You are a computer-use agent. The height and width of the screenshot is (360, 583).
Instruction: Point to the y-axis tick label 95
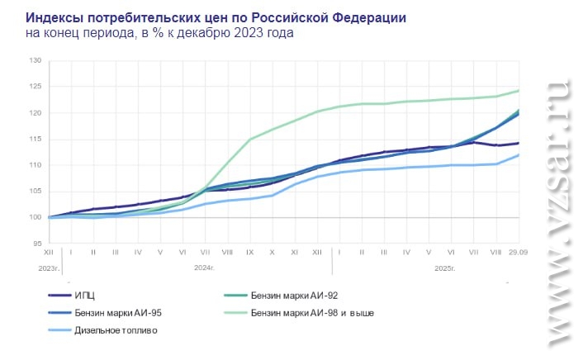point(36,244)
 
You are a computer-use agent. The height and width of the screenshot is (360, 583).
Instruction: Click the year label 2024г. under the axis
point(203,268)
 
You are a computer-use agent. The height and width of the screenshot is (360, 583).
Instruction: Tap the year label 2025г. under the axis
point(445,268)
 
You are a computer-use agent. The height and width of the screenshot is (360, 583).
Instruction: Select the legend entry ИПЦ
point(86,295)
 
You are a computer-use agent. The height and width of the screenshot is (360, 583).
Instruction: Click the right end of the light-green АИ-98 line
point(519,90)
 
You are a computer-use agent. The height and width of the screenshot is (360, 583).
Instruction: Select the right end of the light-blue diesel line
point(519,154)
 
